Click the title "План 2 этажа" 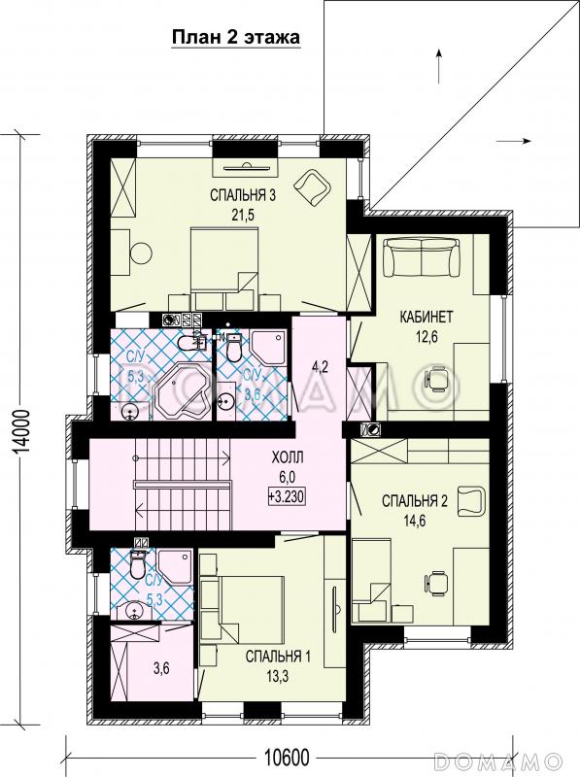pyautogui.click(x=236, y=37)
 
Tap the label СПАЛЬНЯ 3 pyautogui.click(x=243, y=195)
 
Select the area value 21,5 pyautogui.click(x=243, y=215)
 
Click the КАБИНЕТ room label pyautogui.click(x=426, y=317)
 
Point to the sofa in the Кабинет pyautogui.click(x=420, y=257)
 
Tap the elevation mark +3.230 pyautogui.click(x=287, y=495)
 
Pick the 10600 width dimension pyautogui.click(x=286, y=758)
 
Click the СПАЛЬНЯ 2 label pyautogui.click(x=415, y=500)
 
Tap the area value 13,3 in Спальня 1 pyautogui.click(x=278, y=676)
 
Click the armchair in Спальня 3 pyautogui.click(x=312, y=187)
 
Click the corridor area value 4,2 pyautogui.click(x=320, y=367)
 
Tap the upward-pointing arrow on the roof pyautogui.click(x=439, y=65)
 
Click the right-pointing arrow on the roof pyautogui.click(x=514, y=141)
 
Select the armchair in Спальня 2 pyautogui.click(x=472, y=502)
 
